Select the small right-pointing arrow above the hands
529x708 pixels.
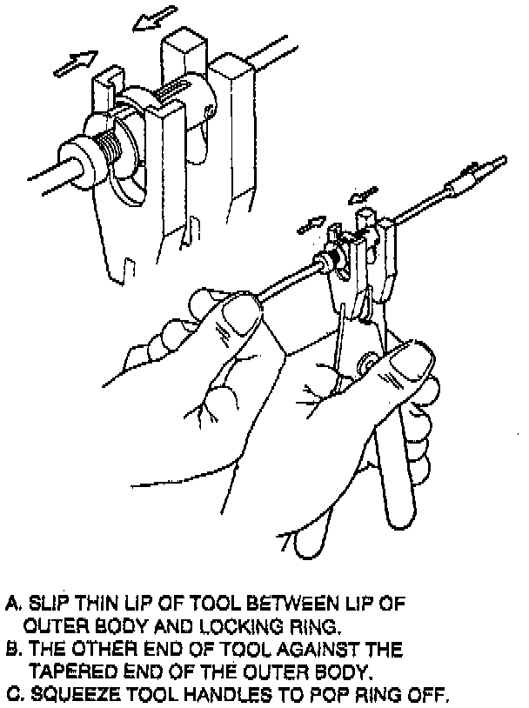(311, 224)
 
